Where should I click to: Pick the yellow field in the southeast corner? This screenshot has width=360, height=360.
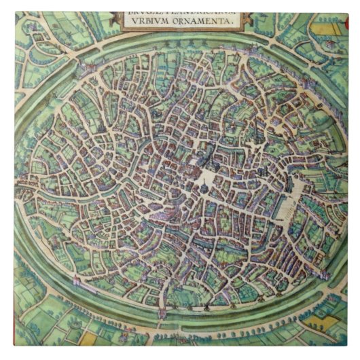pos(318,319)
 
